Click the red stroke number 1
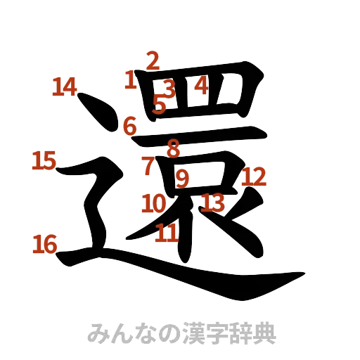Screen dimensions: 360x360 [x=130, y=79]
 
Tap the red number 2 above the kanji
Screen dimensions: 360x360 [x=153, y=61]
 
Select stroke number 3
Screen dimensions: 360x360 [x=168, y=89]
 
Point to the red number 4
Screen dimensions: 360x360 [x=201, y=86]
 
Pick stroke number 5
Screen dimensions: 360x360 [x=160, y=106]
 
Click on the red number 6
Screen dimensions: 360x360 [x=129, y=126]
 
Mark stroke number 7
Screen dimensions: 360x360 [x=148, y=166]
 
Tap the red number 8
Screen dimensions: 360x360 [x=172, y=148]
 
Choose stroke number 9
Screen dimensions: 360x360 [x=181, y=179]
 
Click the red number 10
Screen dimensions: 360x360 [x=153, y=204]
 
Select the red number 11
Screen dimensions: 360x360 [x=166, y=233]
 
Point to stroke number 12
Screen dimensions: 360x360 [x=254, y=176]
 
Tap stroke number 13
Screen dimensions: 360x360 [x=212, y=202]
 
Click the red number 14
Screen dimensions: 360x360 [x=65, y=87]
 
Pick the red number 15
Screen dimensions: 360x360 [x=43, y=162]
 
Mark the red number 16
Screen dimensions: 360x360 [x=45, y=245]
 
